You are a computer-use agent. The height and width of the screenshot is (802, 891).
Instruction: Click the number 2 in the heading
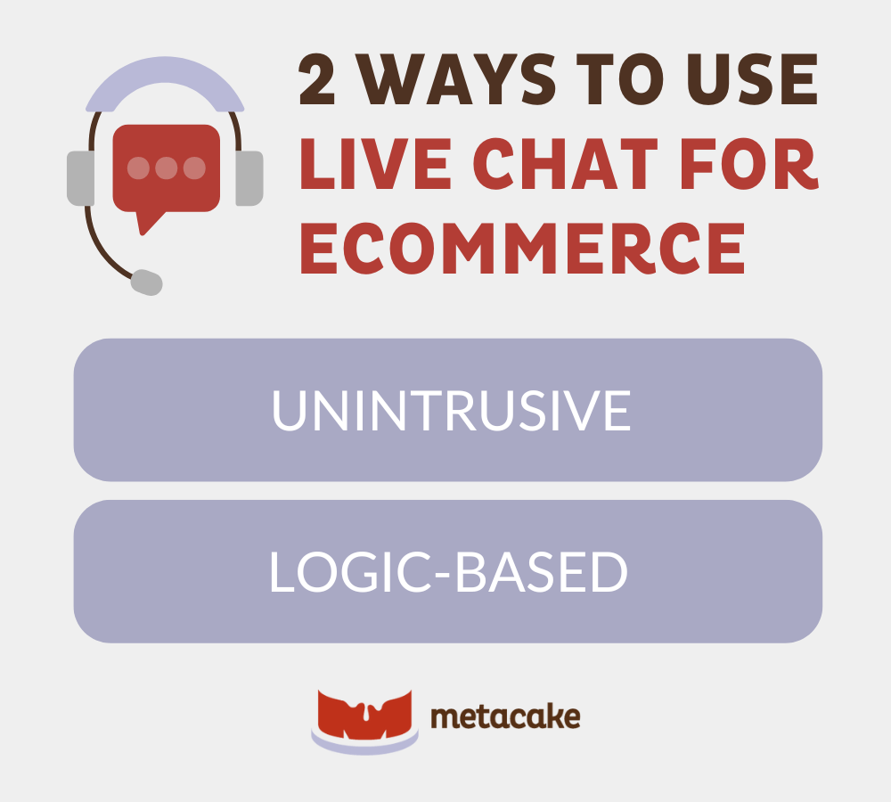coord(316,79)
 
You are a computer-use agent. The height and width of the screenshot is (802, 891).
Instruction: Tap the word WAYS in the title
coord(455,79)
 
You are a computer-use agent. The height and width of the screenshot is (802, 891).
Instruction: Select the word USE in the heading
coord(752,79)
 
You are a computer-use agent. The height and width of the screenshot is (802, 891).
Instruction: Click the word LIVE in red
coord(376,164)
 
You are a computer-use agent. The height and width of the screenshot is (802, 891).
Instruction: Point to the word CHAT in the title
coord(566,164)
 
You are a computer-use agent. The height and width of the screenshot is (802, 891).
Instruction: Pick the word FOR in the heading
coord(749,164)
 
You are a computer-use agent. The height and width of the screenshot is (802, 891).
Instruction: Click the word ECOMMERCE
coord(522,249)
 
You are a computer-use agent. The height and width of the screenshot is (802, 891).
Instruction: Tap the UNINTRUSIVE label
coord(452,411)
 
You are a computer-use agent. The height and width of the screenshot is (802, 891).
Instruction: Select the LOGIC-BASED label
coord(448,572)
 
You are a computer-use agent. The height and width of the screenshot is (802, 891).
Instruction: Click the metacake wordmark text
coord(506,716)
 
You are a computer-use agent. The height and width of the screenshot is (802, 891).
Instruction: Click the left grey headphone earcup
coord(81,178)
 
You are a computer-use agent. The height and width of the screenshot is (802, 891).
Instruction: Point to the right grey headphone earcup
coord(249,178)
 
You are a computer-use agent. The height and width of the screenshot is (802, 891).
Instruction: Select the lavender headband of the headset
coord(165,70)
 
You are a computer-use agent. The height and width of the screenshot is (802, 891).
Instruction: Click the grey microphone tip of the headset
coord(147,282)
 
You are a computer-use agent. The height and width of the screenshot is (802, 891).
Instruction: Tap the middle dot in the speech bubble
coord(167,168)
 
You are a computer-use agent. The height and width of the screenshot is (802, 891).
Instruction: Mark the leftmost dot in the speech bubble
coord(139,168)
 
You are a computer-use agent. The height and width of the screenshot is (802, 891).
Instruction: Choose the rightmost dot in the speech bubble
coord(194,168)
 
